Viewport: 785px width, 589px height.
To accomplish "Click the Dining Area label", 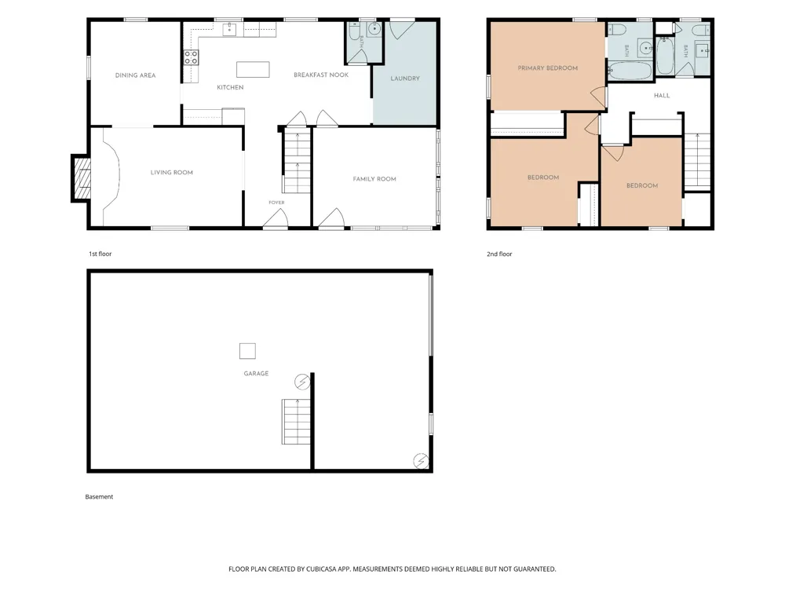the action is pos(135,75).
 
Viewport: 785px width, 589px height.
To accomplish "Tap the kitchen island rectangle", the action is pos(253,70).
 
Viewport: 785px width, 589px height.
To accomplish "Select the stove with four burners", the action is pos(191,57).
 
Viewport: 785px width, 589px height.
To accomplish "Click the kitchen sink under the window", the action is pos(229,30).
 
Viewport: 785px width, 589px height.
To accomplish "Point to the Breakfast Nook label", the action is pos(321,75).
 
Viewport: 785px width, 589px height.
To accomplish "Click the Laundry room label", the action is pos(405,78).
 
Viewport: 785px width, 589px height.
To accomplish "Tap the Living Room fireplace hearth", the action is pos(82,177).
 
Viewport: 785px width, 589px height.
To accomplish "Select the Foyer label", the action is pos(276,203).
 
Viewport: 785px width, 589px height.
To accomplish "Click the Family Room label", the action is pos(374,179).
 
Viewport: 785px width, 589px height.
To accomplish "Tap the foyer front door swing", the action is pos(276,219).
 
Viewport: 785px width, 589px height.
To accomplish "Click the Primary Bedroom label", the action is pos(548,68).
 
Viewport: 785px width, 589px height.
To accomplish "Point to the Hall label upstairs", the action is pos(662,95).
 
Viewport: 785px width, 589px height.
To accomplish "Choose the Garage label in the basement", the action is pos(256,373).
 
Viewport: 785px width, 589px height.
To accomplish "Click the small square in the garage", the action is pos(247,351).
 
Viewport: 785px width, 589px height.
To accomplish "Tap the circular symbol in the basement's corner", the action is pos(421,461).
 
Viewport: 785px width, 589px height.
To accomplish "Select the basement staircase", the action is pos(297,422).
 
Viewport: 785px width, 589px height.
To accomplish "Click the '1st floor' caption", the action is pos(100,254).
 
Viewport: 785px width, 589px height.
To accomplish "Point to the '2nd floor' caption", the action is pos(499,254).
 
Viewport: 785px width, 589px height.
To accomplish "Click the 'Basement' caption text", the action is pos(99,497).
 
